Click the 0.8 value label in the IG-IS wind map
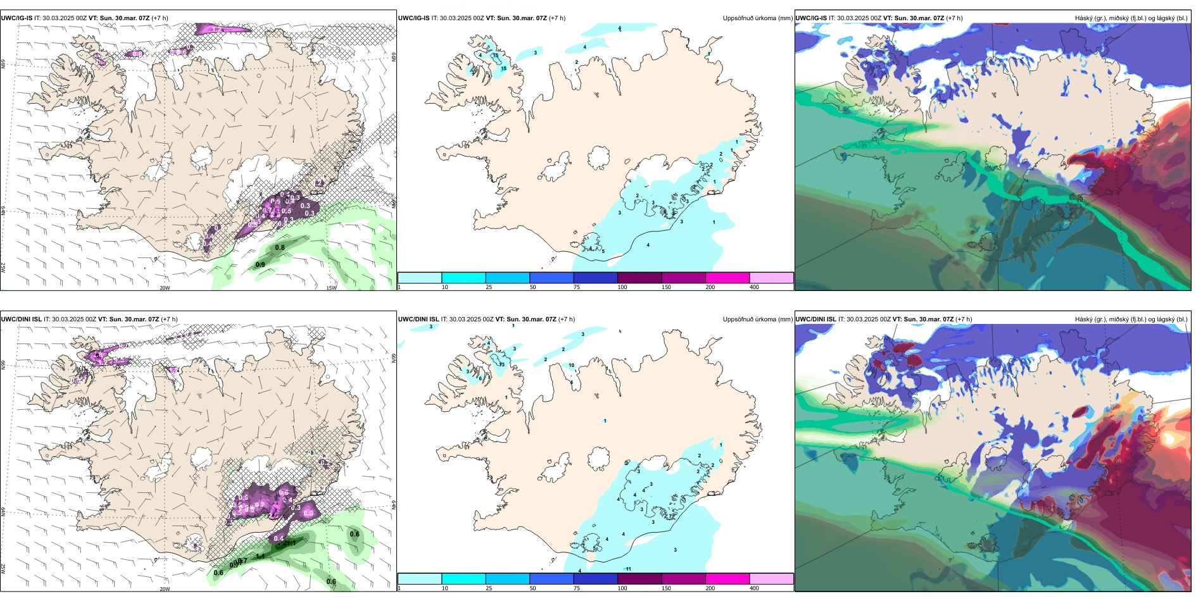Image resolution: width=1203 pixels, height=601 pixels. click(280, 247)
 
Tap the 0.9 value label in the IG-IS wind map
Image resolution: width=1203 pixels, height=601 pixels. click(260, 264)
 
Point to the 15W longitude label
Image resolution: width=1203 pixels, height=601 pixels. click(331, 288)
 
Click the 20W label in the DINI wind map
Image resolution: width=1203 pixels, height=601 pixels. click(165, 589)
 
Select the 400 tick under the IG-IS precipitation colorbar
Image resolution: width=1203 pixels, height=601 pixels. click(754, 287)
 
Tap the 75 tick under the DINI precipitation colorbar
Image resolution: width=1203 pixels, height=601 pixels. click(577, 588)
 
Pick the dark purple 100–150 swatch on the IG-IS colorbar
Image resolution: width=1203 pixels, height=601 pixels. click(639, 278)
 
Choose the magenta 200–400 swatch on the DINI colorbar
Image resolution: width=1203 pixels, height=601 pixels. click(727, 579)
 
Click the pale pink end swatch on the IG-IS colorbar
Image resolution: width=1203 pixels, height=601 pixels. click(771, 278)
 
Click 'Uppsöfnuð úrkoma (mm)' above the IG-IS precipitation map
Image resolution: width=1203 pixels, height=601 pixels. click(757, 18)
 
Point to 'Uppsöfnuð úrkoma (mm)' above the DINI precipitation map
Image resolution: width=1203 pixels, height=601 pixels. click(757, 319)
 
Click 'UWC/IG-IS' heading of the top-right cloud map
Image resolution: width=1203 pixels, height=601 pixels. click(811, 18)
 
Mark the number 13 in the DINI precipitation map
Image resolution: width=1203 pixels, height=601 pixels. click(501, 364)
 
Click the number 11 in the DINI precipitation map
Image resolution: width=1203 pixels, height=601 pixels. click(629, 569)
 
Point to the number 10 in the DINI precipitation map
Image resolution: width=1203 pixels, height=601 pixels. click(571, 365)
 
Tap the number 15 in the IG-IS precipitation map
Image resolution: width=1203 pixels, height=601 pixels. click(504, 68)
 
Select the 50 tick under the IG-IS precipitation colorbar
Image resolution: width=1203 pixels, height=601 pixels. click(532, 287)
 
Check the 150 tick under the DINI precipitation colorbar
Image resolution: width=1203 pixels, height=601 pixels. click(666, 588)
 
